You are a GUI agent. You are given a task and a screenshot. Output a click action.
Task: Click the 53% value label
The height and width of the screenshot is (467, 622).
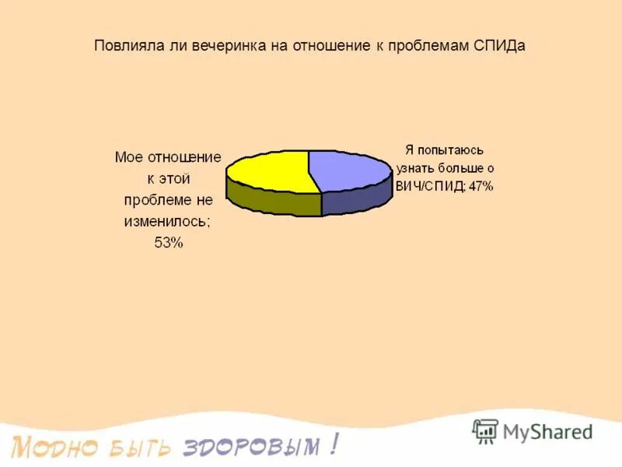(x=168, y=243)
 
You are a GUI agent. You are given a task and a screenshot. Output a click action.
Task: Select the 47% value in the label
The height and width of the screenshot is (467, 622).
(x=480, y=186)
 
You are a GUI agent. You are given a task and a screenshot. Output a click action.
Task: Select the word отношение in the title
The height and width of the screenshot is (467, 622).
(x=331, y=45)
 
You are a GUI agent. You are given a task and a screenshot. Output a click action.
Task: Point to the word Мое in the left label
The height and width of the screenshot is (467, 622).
(x=128, y=156)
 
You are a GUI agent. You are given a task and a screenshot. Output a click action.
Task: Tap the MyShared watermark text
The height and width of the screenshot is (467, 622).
(x=547, y=431)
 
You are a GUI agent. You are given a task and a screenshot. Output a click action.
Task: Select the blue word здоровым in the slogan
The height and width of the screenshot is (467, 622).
(x=250, y=447)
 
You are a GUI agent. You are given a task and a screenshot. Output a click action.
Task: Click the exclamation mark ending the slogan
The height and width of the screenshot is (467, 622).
(x=334, y=444)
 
